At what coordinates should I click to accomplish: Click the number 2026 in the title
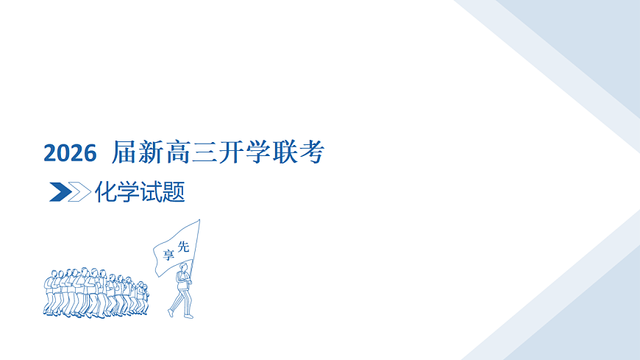(x=70, y=153)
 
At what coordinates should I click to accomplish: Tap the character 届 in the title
(x=124, y=153)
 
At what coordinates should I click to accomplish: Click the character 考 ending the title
(x=312, y=153)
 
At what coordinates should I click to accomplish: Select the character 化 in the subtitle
(x=106, y=192)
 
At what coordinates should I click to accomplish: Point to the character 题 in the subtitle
(x=174, y=192)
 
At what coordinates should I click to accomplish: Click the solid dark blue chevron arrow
(x=59, y=192)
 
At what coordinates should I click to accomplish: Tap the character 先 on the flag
(x=183, y=247)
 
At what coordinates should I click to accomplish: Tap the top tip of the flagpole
(x=199, y=219)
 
